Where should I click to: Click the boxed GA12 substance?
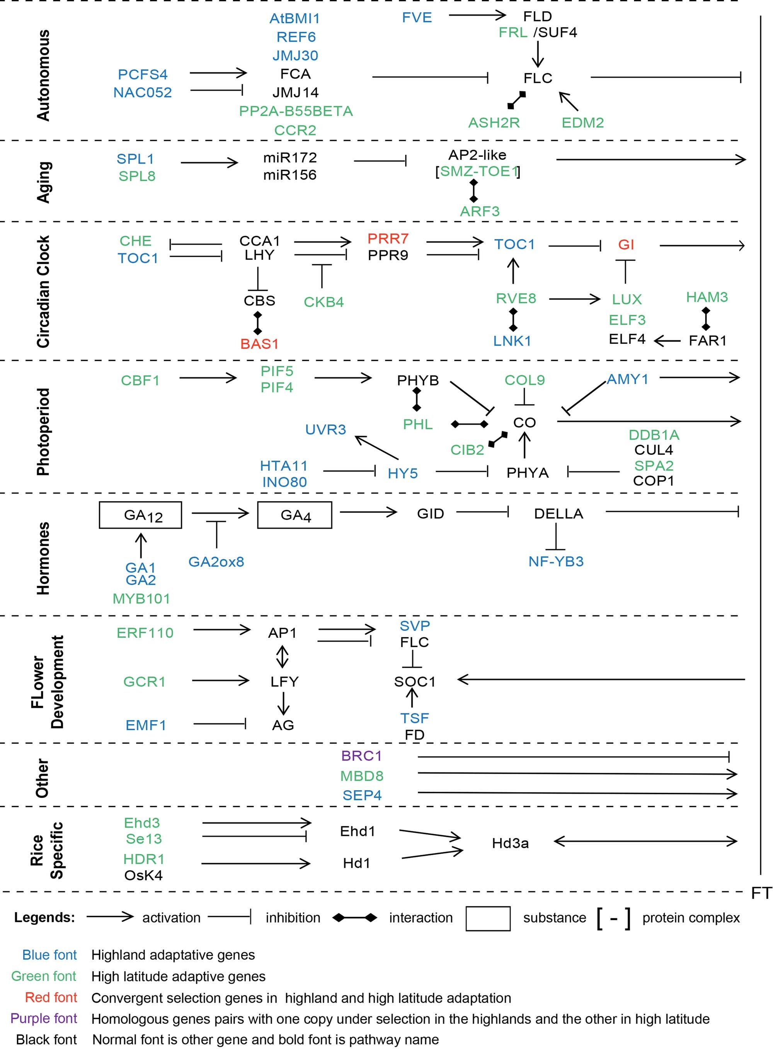point(140,515)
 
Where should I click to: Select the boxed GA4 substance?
point(295,515)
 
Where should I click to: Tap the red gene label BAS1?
point(259,344)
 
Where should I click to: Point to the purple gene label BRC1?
point(361,756)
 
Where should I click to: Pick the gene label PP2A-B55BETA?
point(296,111)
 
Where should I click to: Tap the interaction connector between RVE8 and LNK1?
point(513,319)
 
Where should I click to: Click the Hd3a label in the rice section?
point(510,843)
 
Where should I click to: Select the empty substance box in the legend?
point(488,918)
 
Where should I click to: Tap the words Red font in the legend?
point(51,998)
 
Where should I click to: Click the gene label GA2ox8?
point(216,562)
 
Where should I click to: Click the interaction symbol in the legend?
point(355,918)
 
